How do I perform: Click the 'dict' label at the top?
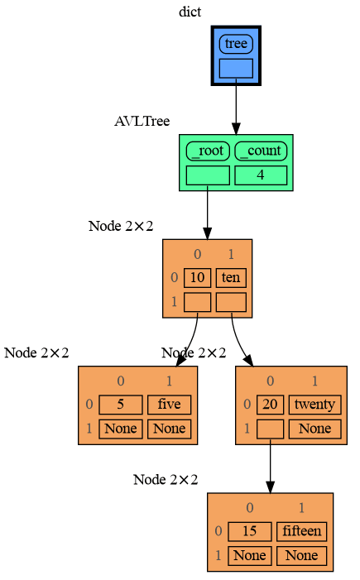tap(190, 12)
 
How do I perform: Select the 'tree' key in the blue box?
tap(236, 44)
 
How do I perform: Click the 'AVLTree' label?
tap(142, 121)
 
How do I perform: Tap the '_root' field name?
tap(207, 151)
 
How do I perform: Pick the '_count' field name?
tap(261, 151)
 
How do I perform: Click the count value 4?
tap(261, 175)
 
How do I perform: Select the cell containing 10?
tap(197, 278)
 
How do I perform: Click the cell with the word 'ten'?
tap(231, 278)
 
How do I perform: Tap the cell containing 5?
tap(120, 405)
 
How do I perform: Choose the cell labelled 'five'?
tap(169, 405)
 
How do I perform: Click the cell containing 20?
tap(270, 405)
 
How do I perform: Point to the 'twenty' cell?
tap(314, 405)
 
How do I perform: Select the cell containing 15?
tap(249, 531)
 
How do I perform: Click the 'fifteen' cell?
tap(301, 531)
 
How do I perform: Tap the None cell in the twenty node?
tap(314, 429)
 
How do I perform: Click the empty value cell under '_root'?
tap(207, 175)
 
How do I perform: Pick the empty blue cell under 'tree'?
tap(236, 69)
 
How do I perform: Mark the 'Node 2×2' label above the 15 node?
tap(166, 480)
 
